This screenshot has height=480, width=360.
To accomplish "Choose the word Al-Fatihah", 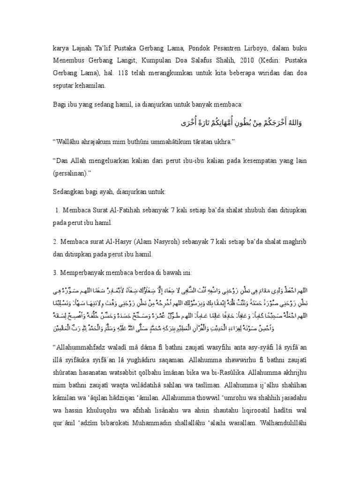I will coord(131,210).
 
